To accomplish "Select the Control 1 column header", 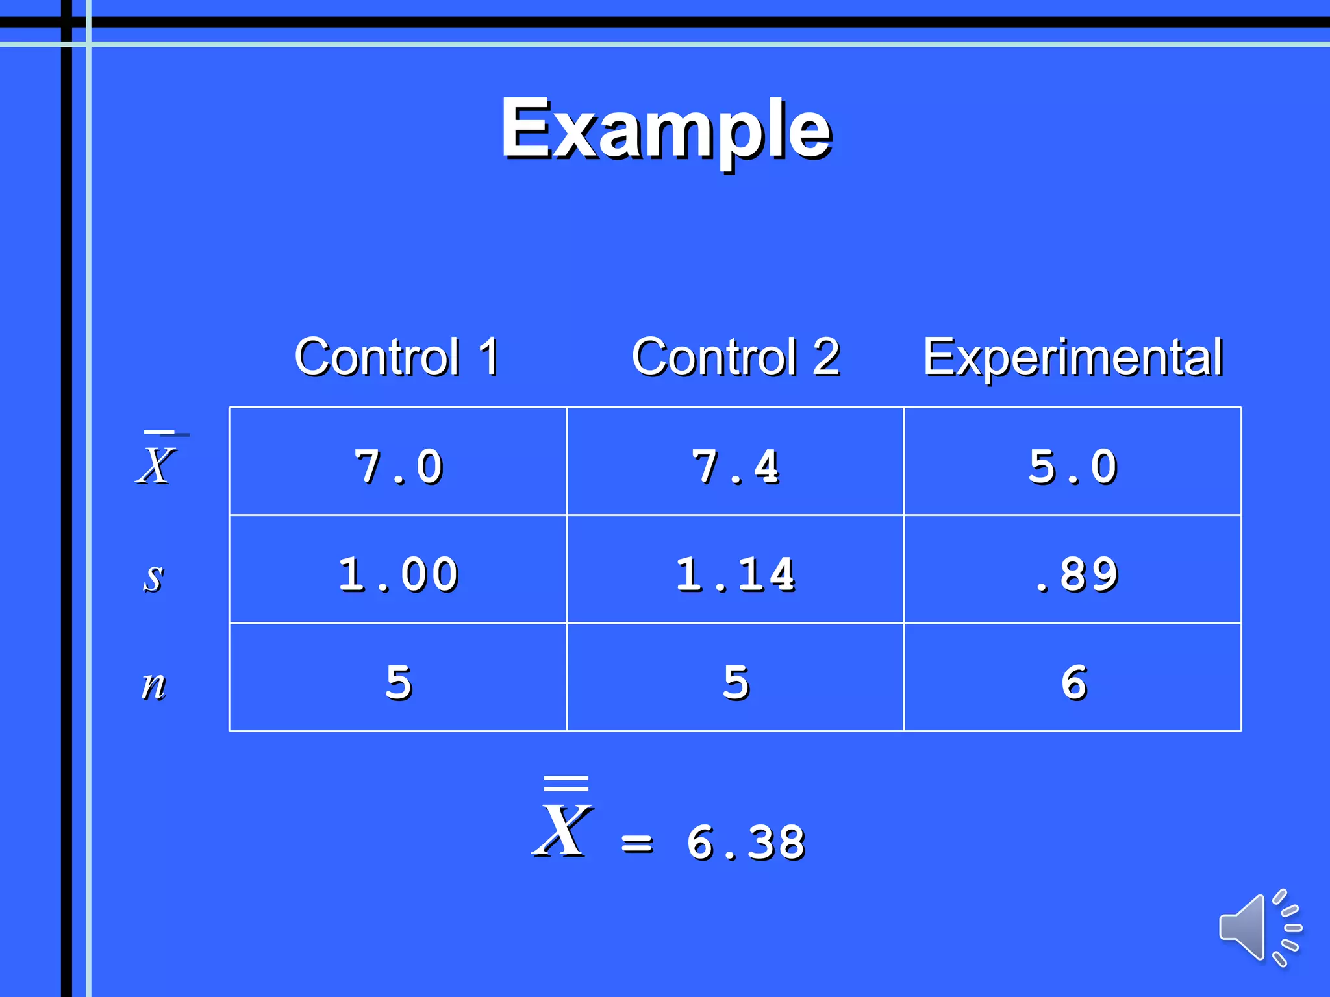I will point(397,356).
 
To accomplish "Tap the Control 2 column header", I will point(736,356).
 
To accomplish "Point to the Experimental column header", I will point(1073,356).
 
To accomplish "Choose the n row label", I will point(153,684).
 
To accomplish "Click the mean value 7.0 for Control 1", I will point(399,467).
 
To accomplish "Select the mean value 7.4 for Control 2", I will point(736,467).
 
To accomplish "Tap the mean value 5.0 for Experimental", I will point(1073,467).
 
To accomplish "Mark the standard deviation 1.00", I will point(399,575).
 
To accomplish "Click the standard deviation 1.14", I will point(736,575).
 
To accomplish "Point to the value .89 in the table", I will point(1077,575).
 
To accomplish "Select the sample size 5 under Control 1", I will point(399,683).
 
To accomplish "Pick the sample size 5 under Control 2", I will point(736,683).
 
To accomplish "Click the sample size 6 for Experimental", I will point(1074,683).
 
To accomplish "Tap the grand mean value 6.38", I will point(746,843).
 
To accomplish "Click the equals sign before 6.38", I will point(637,844).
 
